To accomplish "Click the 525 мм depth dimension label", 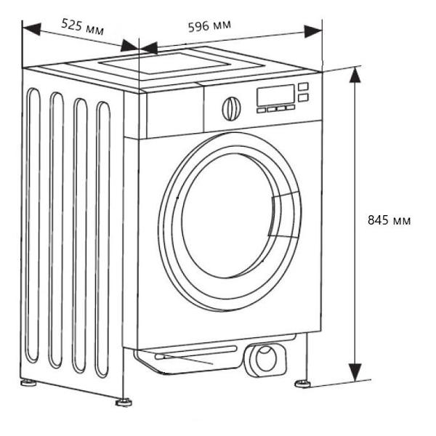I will pos(82,27).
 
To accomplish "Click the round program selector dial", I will pos(230,108).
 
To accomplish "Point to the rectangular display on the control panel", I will pos(275,95).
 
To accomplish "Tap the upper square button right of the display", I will pos(303,86).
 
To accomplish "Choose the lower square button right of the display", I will pos(303,97).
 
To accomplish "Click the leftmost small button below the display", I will pos(260,110).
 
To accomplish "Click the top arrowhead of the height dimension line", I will pos(355,75).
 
